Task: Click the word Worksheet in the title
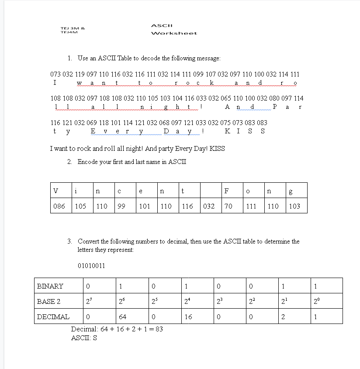pyautogui.click(x=173, y=33)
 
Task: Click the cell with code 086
pyautogui.click(x=59, y=206)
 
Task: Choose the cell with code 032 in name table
pyautogui.click(x=209, y=206)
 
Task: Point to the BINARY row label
pyautogui.click(x=50, y=286)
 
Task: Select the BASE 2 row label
pyautogui.click(x=49, y=301)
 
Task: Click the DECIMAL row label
pyautogui.click(x=53, y=317)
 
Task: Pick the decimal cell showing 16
pyautogui.click(x=188, y=317)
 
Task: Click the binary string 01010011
pyautogui.click(x=91, y=266)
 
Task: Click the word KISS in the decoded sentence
pyautogui.click(x=217, y=149)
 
